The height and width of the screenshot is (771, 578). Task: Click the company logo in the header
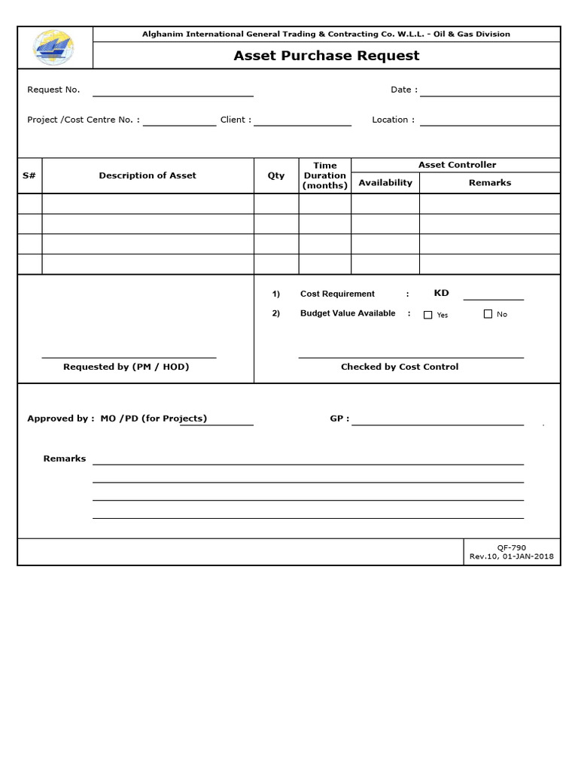pos(54,47)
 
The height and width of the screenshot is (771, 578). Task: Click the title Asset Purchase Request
pos(326,56)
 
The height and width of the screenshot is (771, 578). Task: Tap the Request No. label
pos(53,90)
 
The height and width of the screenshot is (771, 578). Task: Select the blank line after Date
pos(489,90)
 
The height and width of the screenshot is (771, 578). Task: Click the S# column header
pos(29,175)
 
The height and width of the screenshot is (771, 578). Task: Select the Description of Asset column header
pos(148,175)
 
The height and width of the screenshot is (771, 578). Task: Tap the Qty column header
pos(276,175)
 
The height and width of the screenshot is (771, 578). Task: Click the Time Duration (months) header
pos(325,175)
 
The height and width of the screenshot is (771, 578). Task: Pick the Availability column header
pos(385,183)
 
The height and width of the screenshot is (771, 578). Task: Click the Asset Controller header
pos(457,165)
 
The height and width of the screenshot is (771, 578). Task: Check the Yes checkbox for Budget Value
pos(428,315)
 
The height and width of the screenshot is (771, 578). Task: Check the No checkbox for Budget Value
pos(488,314)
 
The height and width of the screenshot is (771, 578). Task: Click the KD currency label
pos(441,293)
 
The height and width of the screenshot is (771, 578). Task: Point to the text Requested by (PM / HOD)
pos(126,367)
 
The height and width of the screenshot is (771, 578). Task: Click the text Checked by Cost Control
pos(399,367)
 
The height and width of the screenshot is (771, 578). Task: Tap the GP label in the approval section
pos(339,419)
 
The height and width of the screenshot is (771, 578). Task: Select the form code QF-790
pos(512,547)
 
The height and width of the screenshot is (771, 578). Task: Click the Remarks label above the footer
pos(65,459)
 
